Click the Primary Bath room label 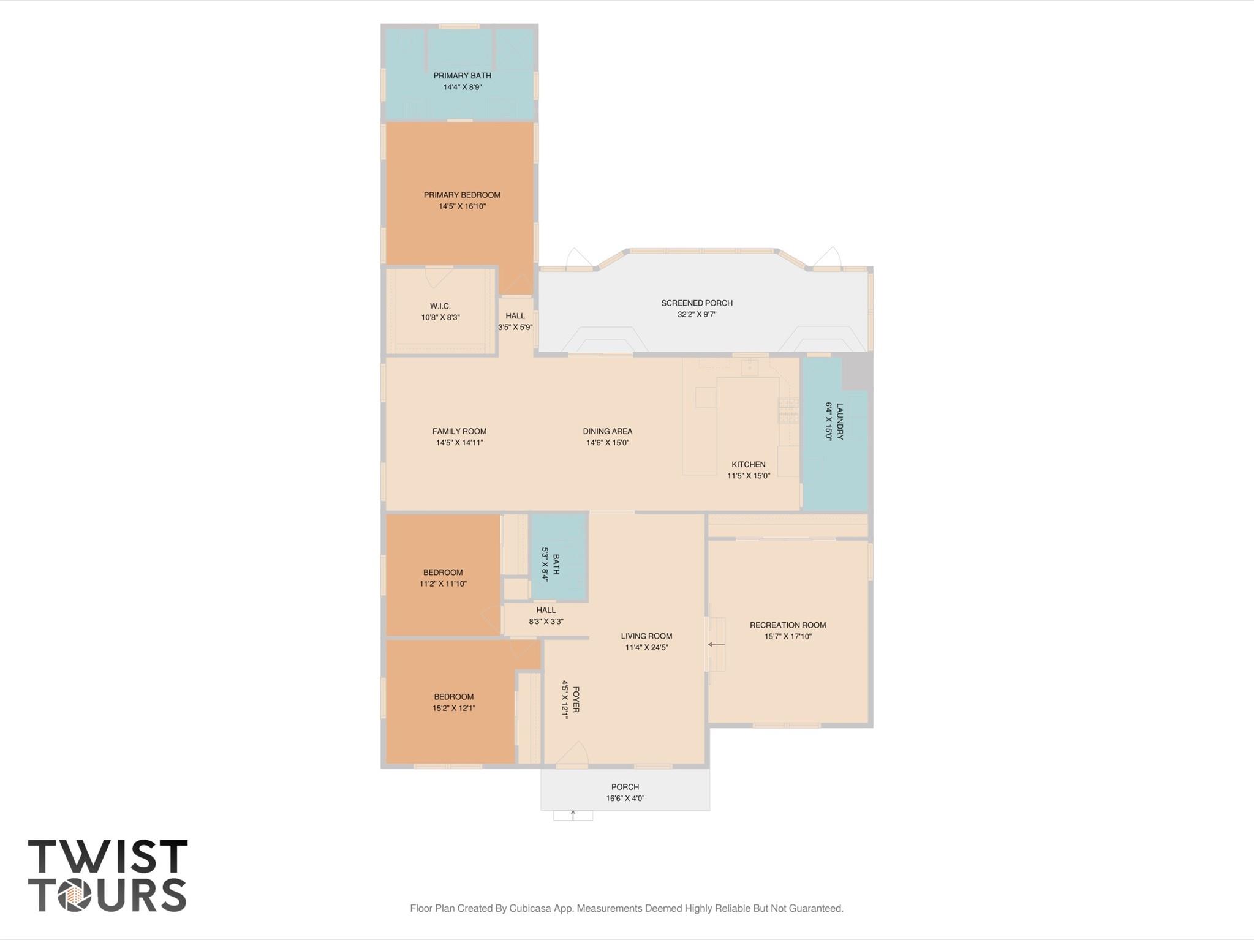(x=462, y=76)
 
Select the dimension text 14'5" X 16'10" (x=462, y=206)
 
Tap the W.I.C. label (x=440, y=306)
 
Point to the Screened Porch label (x=697, y=303)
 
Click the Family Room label (x=459, y=431)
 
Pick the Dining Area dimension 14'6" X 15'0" (x=607, y=442)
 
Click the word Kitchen (x=748, y=464)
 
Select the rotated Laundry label (x=839, y=421)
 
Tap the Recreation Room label (x=788, y=625)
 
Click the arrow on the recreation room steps (x=716, y=644)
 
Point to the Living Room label (x=646, y=636)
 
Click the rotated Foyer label (x=575, y=699)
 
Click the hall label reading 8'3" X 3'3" (x=546, y=621)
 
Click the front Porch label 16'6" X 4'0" (x=625, y=792)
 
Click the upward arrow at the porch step (x=573, y=814)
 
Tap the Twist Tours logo (x=108, y=875)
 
